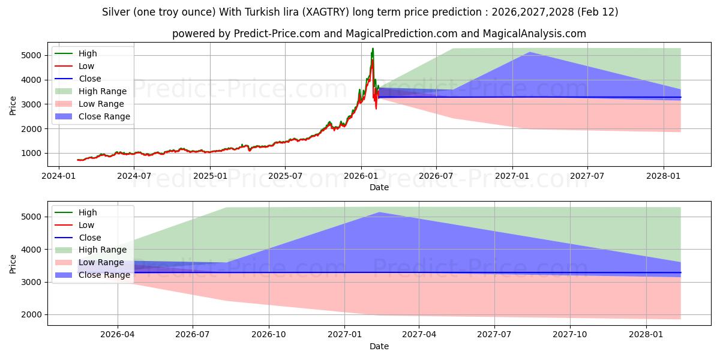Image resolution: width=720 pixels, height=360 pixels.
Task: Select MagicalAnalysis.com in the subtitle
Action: [538, 34]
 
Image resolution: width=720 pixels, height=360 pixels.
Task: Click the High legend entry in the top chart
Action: [88, 53]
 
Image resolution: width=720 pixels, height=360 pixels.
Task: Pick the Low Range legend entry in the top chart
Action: [102, 104]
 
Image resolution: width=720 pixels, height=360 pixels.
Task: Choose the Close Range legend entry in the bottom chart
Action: [104, 275]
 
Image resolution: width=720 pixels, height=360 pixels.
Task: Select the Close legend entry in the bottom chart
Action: [90, 238]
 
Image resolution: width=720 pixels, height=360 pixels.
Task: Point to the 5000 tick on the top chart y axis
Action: [33, 55]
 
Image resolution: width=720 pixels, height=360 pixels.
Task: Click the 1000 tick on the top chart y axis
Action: [33, 154]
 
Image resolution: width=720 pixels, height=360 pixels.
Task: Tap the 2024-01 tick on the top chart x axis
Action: [59, 176]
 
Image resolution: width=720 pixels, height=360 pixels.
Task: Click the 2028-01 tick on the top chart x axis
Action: [664, 176]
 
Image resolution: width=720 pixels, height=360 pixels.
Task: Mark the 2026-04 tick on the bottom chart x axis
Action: [118, 334]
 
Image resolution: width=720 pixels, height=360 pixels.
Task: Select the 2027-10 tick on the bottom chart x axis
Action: [570, 334]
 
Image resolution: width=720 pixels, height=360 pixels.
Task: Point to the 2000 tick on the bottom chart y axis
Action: [33, 314]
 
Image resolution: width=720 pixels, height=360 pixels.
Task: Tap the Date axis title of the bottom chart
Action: [379, 346]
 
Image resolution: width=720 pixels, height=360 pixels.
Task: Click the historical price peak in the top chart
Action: [373, 49]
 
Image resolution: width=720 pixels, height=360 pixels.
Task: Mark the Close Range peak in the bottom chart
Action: [379, 212]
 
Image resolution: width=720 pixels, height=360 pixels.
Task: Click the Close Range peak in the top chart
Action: [529, 52]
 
